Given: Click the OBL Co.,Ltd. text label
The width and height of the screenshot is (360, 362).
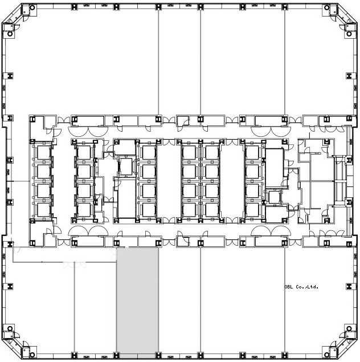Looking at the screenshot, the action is (301, 287).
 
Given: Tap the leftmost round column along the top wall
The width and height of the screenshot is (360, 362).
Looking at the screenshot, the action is (32, 7).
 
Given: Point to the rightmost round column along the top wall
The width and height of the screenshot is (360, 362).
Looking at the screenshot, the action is (327, 7).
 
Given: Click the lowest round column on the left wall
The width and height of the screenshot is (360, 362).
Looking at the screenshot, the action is (10, 328).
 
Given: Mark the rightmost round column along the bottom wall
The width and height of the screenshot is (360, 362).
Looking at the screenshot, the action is (327, 355).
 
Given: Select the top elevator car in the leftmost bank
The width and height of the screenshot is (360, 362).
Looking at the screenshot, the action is (43, 153).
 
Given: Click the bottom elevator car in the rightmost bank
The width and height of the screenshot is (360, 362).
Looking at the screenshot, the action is (252, 210).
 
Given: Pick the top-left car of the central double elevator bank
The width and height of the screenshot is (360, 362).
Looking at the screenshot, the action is (189, 153).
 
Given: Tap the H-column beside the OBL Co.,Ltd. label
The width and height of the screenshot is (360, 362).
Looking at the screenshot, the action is (349, 287).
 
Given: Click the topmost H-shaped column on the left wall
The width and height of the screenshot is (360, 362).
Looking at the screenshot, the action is (10, 76).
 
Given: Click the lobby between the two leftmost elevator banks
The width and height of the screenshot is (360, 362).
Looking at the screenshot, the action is (63, 180).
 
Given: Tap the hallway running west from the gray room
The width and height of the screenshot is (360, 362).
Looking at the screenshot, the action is (64, 255).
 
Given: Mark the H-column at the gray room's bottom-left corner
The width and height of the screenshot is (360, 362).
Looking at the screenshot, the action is (117, 355).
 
